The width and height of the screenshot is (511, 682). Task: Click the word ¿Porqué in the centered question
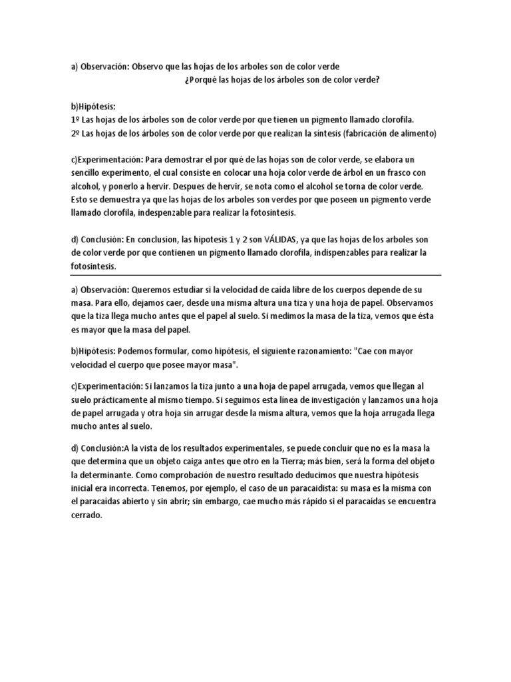pos(198,81)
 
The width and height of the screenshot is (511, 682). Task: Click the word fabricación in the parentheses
pos(363,133)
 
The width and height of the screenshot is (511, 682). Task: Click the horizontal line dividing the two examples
pos(255,275)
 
